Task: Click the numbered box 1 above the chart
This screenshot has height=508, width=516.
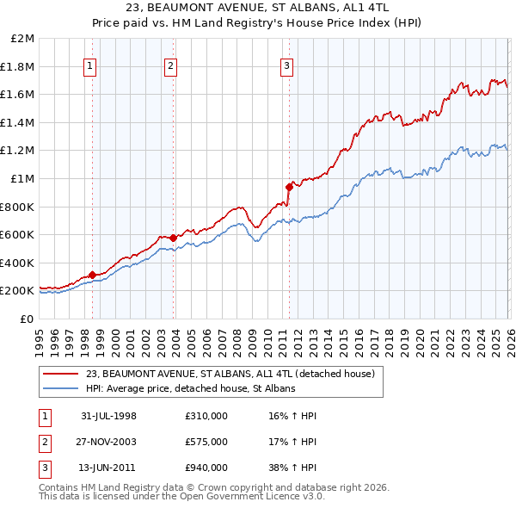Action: (91, 65)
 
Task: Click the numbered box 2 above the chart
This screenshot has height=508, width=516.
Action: (171, 65)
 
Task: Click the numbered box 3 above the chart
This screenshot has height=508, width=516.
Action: (286, 65)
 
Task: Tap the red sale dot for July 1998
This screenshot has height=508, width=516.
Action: (92, 275)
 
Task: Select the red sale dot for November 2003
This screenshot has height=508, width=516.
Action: (173, 238)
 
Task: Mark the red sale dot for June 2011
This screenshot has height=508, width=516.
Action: (288, 186)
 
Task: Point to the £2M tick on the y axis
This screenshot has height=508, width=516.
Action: (23, 39)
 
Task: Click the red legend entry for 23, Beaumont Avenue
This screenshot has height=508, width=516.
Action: (230, 375)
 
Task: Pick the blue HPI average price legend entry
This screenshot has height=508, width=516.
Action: (190, 389)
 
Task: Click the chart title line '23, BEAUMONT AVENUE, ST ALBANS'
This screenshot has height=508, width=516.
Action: (258, 8)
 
